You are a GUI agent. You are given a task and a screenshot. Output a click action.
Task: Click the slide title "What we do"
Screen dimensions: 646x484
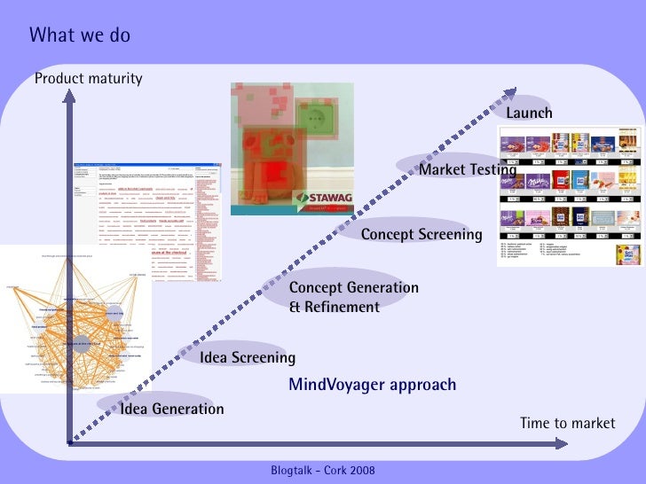[x=79, y=35]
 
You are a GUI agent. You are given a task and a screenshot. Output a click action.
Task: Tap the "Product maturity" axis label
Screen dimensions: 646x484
[x=88, y=79]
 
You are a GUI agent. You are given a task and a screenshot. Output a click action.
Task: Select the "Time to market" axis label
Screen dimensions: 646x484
[x=567, y=423]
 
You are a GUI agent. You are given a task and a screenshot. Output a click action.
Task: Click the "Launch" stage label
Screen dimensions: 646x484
[x=529, y=113]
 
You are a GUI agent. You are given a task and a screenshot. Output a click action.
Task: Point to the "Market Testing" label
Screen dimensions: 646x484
[x=467, y=169]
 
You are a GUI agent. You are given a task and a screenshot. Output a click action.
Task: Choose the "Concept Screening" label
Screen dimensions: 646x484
[x=421, y=235]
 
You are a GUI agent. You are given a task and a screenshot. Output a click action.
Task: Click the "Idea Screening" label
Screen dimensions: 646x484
[x=248, y=358]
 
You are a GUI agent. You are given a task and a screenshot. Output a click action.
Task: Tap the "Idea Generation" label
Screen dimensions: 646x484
[x=172, y=409]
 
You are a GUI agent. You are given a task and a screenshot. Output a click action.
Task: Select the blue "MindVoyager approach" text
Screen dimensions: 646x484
[x=372, y=385]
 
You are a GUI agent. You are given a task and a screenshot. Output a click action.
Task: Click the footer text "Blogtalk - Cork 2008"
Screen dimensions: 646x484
[x=322, y=468]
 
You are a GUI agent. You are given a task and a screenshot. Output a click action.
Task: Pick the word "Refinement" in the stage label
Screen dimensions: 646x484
[x=335, y=308]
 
